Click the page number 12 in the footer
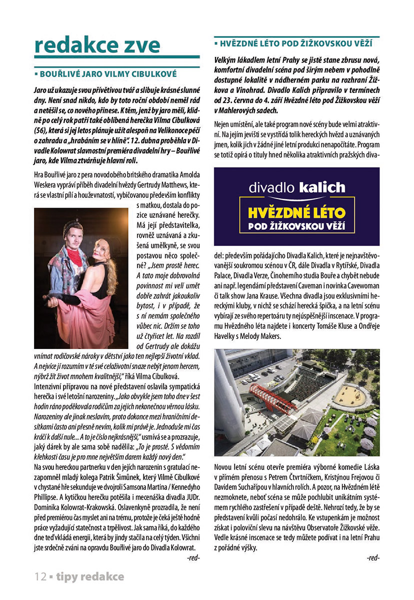[40, 576]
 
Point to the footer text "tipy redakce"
[90, 576]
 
